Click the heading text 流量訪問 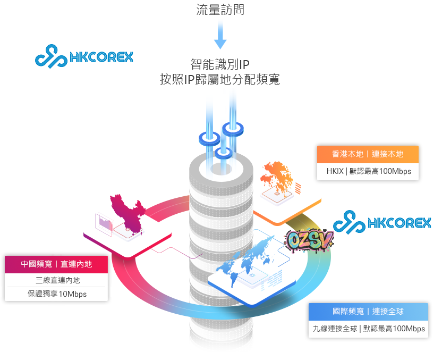(x=220, y=10)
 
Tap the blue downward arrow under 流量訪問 (x=220, y=38)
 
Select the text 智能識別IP (x=220, y=65)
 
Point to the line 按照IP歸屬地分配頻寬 (x=220, y=79)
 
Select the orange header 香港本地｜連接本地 (x=368, y=154)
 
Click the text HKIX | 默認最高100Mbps (x=368, y=171)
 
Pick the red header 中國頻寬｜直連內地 (x=56, y=264)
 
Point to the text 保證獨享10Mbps (x=57, y=294)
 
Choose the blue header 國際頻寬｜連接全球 (x=368, y=312)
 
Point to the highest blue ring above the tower (x=233, y=128)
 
